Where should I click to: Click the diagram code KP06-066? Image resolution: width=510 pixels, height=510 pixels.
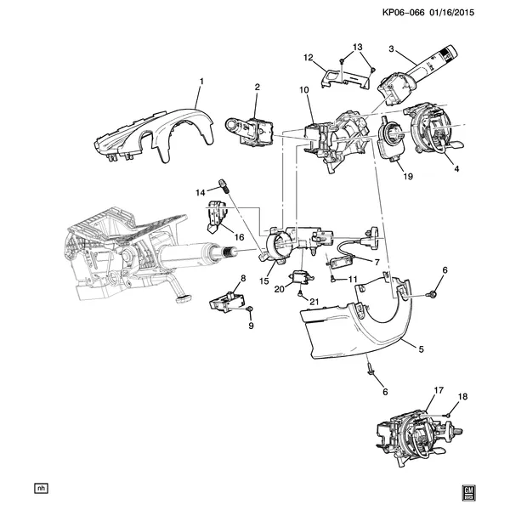pos(403,13)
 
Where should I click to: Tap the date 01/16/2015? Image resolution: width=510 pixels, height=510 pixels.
pos(452,13)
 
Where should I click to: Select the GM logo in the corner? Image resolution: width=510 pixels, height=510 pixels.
pos(468,493)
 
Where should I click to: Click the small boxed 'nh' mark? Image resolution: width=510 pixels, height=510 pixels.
pos(41,488)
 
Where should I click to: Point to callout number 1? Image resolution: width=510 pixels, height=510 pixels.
pos(201,81)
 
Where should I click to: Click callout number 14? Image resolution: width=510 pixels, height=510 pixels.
pos(201,193)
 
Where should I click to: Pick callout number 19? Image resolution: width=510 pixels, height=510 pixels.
pos(408,176)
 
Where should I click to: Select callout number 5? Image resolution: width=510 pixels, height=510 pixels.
pos(422,349)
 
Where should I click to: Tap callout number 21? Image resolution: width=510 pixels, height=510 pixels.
pos(314,302)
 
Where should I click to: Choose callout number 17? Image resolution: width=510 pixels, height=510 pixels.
pos(439,390)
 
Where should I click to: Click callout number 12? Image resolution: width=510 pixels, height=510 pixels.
pos(308,58)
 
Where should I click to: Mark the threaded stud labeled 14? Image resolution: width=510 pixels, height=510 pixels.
pos(223,185)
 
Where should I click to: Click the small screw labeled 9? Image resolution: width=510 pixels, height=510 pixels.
pos(250,309)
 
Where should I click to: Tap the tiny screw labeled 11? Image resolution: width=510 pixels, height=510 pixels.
pos(333,279)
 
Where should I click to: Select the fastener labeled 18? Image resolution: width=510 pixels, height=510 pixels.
pos(448,416)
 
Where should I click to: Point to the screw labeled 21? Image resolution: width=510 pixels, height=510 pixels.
pos(300,294)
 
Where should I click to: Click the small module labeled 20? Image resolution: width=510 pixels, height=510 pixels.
pos(301,277)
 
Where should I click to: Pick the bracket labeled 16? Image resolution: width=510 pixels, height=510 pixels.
pos(216,216)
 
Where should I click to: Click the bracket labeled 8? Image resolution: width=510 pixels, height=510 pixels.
pos(227,301)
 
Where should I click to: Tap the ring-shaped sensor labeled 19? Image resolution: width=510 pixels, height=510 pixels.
pos(391,139)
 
